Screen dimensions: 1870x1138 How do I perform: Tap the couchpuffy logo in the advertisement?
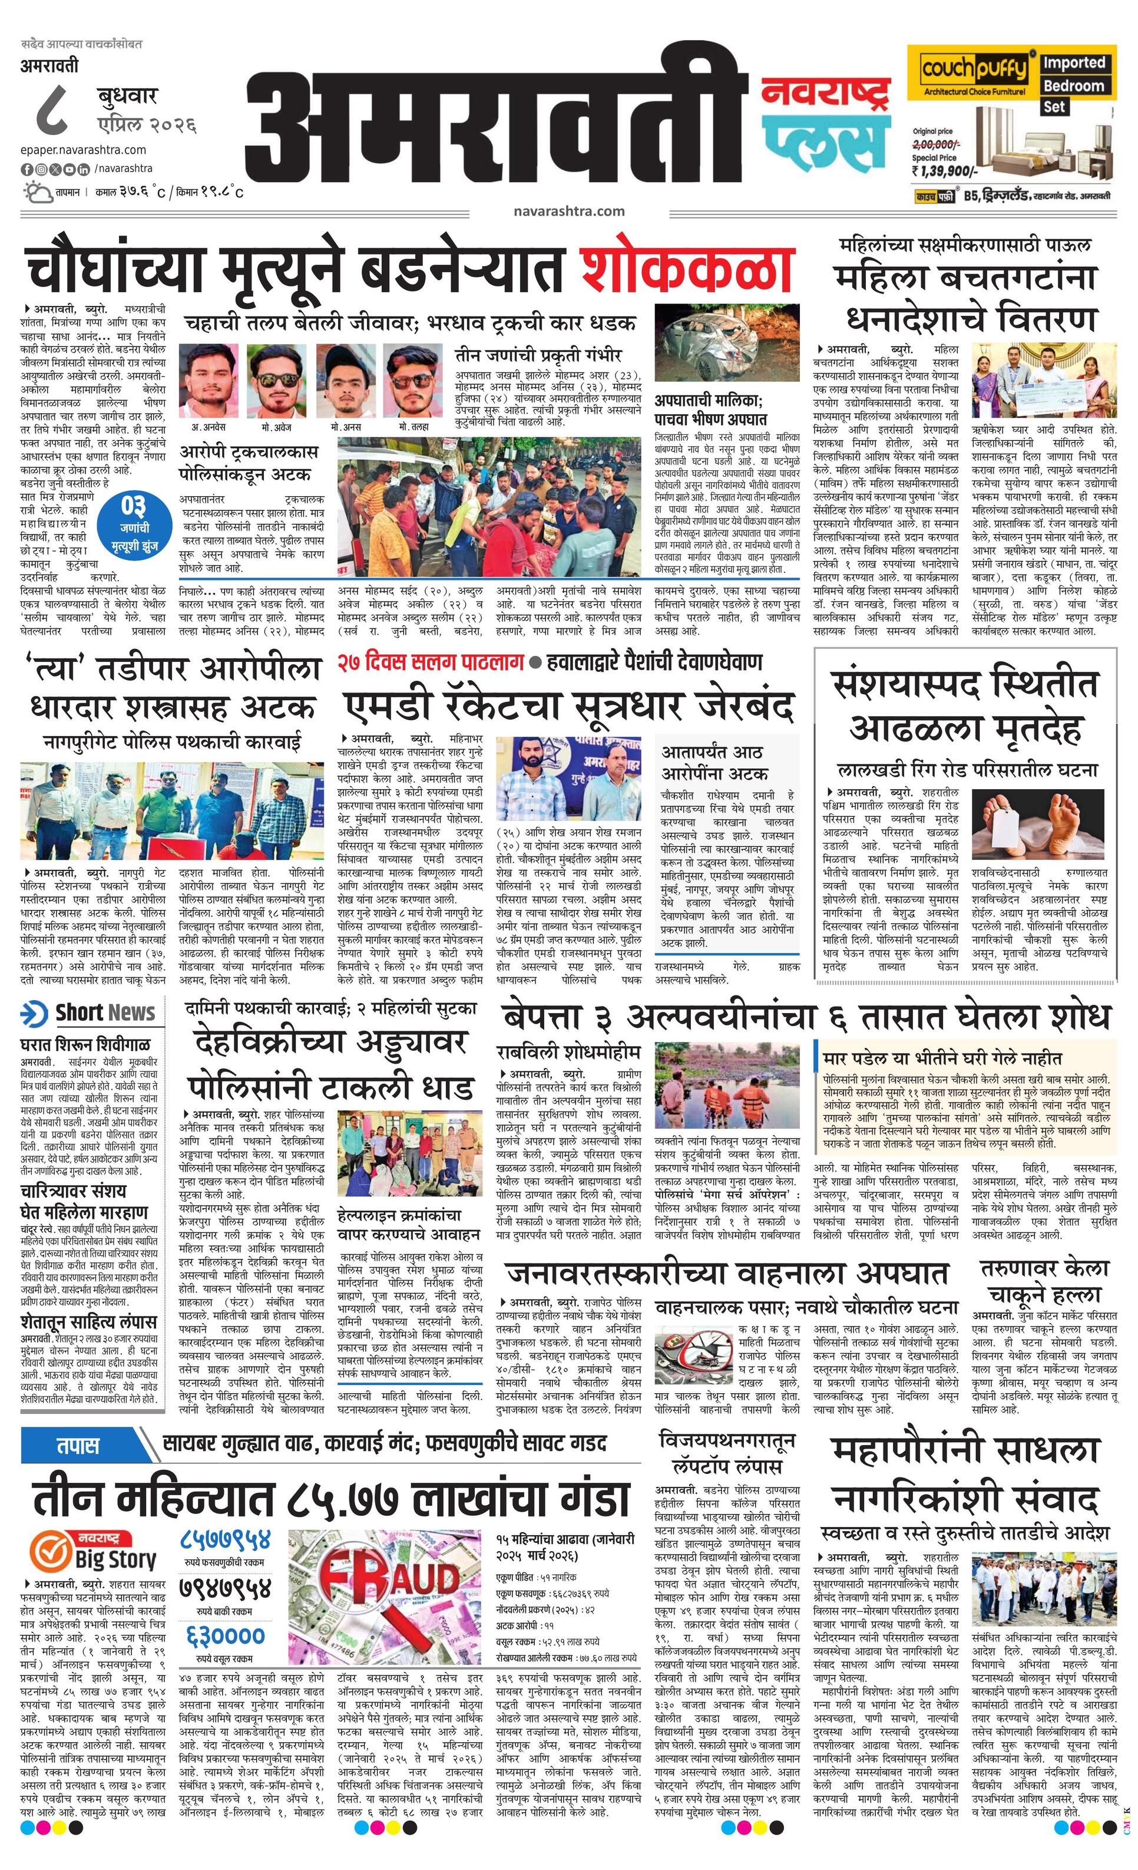[x=974, y=70]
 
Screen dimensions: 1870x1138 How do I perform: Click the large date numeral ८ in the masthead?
[x=56, y=110]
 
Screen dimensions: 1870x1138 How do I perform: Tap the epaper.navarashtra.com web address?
[x=84, y=150]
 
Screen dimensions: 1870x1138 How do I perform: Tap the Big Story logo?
[x=94, y=1550]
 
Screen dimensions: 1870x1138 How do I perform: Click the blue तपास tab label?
[x=79, y=1445]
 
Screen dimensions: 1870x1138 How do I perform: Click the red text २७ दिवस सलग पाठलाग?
[x=431, y=662]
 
